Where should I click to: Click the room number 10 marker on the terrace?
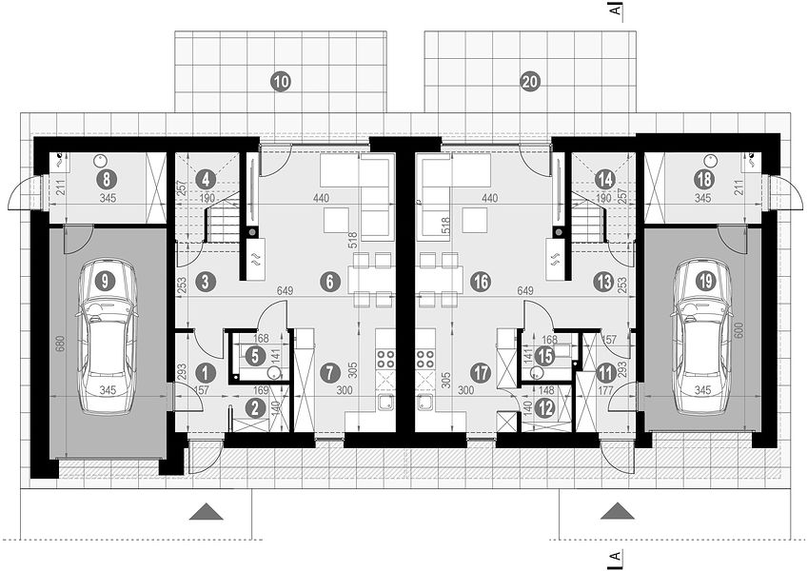(282, 82)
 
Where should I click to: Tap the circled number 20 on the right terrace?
(530, 82)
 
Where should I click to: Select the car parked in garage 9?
(108, 338)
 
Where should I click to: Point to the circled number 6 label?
(330, 282)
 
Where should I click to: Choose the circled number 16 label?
(480, 282)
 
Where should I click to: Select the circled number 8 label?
(107, 179)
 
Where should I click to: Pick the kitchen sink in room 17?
(425, 404)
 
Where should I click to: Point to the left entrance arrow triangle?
(207, 512)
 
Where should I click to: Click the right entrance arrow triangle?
(618, 512)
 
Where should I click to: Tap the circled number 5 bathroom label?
(255, 356)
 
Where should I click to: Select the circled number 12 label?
(544, 408)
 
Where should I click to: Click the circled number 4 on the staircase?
(207, 180)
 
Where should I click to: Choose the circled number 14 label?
(604, 180)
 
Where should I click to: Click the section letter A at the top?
(615, 10)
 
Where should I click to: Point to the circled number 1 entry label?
(207, 372)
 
